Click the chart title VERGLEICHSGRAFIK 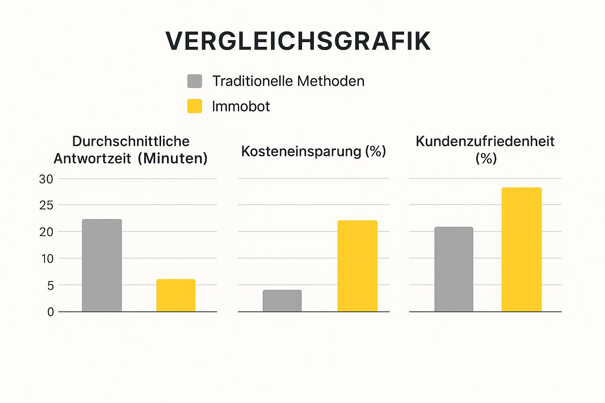click(x=298, y=41)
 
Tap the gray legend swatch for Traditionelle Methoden click(x=195, y=81)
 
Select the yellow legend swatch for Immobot click(x=195, y=106)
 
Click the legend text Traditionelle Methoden click(x=288, y=81)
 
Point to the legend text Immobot click(x=241, y=106)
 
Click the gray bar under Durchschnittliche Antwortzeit click(x=102, y=265)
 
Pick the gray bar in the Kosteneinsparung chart click(x=282, y=301)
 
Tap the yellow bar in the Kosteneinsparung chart click(x=357, y=266)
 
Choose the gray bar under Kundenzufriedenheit click(x=454, y=269)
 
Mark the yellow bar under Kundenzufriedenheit click(x=521, y=250)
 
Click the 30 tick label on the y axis click(x=46, y=179)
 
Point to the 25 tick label click(x=46, y=205)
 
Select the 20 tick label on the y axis click(x=46, y=232)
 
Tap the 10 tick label click(x=46, y=259)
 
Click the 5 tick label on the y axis click(x=50, y=286)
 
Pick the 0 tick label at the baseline click(x=50, y=312)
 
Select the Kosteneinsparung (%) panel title click(x=314, y=151)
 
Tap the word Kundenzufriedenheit click(x=485, y=141)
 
